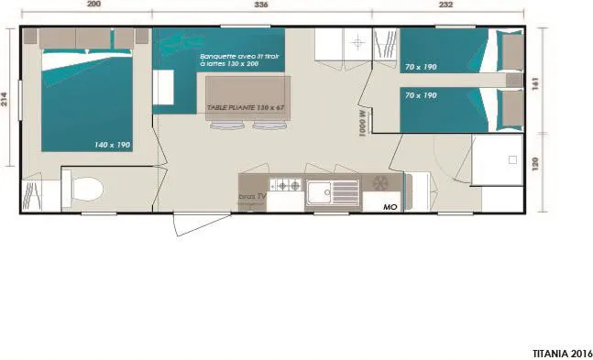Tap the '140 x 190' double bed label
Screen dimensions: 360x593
(x=112, y=145)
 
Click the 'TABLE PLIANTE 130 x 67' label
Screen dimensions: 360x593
(x=244, y=108)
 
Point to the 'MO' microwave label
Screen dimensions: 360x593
(x=390, y=207)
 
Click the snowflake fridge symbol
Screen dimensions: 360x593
(x=378, y=184)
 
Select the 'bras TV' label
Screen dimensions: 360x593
(x=252, y=197)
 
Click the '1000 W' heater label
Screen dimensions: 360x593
(x=363, y=123)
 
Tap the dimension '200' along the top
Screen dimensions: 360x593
(x=93, y=5)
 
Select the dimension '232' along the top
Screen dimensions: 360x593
(x=446, y=5)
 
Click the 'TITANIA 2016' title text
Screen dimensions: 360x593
(x=562, y=352)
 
